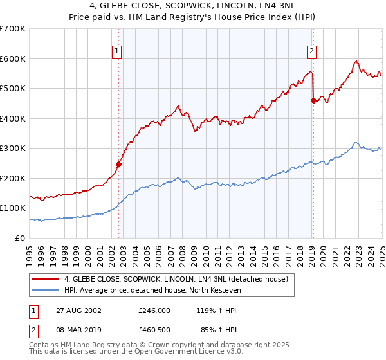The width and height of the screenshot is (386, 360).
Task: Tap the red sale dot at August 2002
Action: (x=119, y=164)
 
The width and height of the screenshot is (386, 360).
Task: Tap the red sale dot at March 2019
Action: (x=313, y=100)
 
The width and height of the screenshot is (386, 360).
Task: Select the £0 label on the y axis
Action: (x=21, y=238)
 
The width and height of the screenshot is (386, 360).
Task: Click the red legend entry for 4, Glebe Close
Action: (x=179, y=279)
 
